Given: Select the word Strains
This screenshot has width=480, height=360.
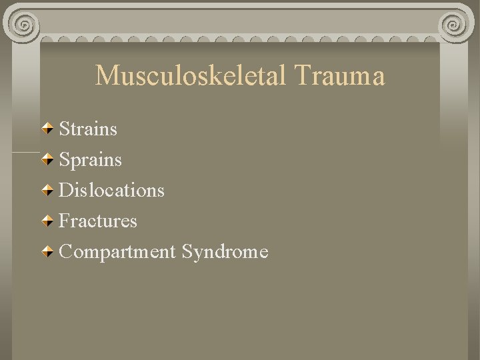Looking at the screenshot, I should pyautogui.click(x=88, y=129).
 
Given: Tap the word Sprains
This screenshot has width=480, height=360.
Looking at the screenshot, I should pyautogui.click(x=90, y=160).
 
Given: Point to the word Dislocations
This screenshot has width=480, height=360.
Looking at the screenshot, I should pyautogui.click(x=111, y=190).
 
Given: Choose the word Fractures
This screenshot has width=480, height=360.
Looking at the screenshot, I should pyautogui.click(x=98, y=221).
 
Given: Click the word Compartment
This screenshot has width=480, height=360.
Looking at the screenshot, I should pyautogui.click(x=117, y=252).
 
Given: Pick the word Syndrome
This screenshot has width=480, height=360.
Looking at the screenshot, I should pyautogui.click(x=225, y=252).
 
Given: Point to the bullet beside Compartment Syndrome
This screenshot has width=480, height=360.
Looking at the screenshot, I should pyautogui.click(x=49, y=251).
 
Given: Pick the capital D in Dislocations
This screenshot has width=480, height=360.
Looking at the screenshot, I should pyautogui.click(x=67, y=190).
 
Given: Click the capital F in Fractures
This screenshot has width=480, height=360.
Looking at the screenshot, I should pyautogui.click(x=65, y=221).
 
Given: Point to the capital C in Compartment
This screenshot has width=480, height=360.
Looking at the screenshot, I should pyautogui.click(x=66, y=252).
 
